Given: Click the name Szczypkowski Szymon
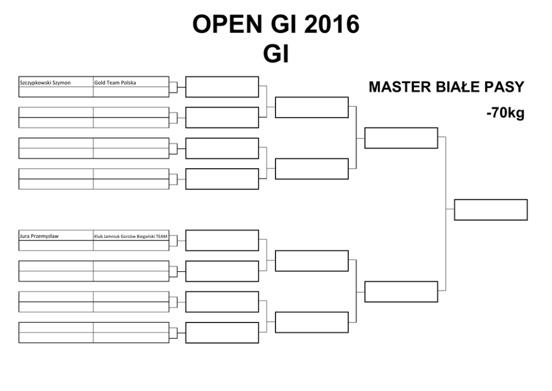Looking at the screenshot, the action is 45,83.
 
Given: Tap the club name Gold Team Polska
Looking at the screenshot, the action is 115,83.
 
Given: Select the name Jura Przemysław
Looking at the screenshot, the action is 39,236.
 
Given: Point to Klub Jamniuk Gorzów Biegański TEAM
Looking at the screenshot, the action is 131,236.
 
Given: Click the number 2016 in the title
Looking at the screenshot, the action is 332,25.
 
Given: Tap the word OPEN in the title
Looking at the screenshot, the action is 228,25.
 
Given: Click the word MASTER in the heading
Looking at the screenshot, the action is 395,87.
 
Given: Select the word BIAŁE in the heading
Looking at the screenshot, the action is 453,87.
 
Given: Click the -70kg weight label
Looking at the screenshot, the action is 505,113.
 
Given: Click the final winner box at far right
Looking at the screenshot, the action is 491,210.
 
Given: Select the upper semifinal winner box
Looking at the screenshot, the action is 401,138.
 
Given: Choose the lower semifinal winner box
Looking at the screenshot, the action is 401,292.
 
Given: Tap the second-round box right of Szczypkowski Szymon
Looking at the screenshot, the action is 222,87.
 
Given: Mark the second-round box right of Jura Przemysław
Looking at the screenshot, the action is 222,241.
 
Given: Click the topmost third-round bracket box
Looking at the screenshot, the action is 312,107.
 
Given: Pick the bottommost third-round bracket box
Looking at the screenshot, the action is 312,322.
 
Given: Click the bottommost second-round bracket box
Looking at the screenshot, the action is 222,333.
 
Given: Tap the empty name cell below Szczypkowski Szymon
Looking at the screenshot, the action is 56,92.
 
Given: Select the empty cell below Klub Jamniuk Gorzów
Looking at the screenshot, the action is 131,246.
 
